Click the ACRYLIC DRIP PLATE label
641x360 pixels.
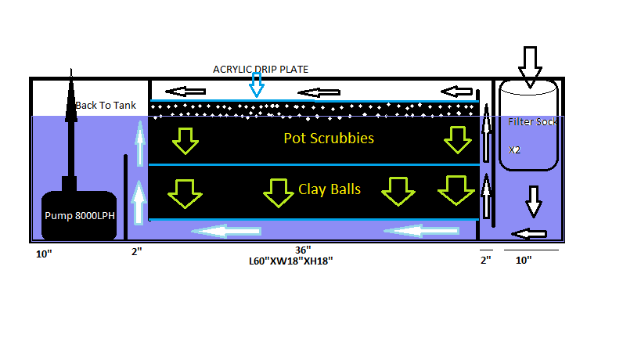pos(261,70)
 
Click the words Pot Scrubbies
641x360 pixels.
pos(329,139)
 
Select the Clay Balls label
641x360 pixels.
pos(330,189)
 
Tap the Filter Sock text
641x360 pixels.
pos(532,122)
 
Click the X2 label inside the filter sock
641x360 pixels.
pos(515,149)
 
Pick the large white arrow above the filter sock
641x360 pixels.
pos(530,64)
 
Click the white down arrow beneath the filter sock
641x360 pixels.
pos(534,201)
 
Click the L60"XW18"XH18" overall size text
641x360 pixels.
pos(286,262)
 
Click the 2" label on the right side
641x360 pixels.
pos(486,260)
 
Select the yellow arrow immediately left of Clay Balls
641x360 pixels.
pos(276,193)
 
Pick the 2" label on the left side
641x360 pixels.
pos(135,252)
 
